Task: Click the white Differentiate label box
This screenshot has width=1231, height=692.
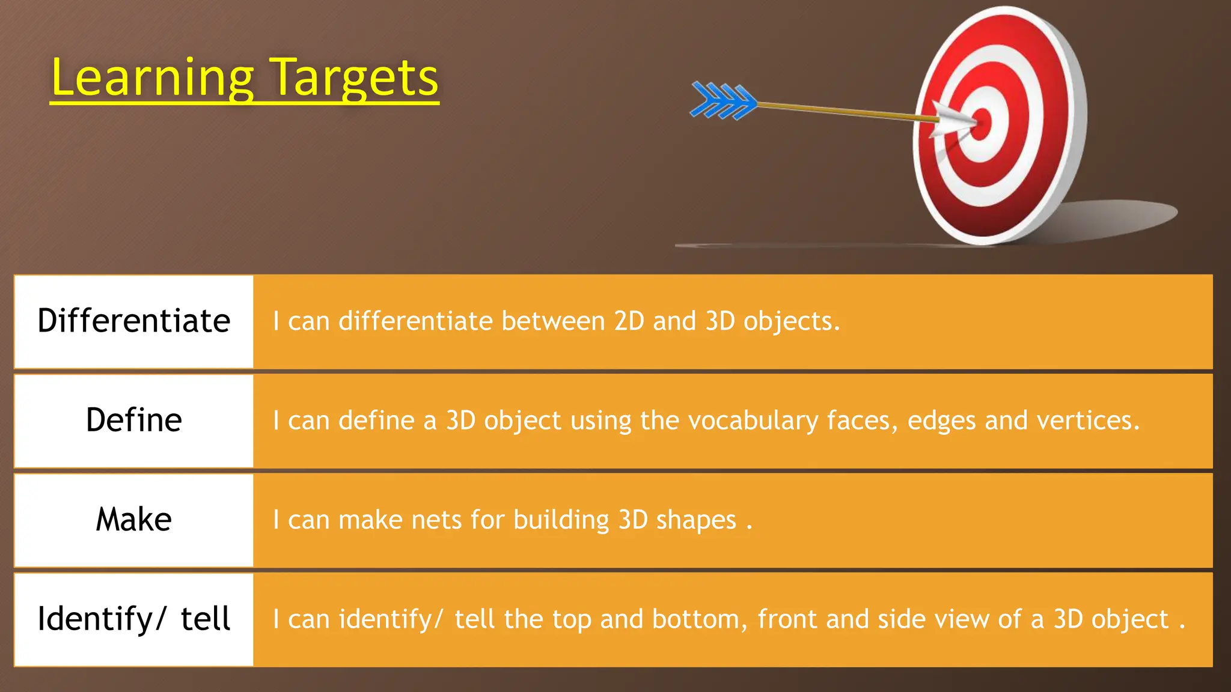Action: click(134, 321)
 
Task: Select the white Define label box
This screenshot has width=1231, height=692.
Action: click(134, 420)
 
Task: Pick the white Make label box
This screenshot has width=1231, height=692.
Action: click(134, 520)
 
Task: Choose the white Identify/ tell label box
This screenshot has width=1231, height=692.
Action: click(134, 619)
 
